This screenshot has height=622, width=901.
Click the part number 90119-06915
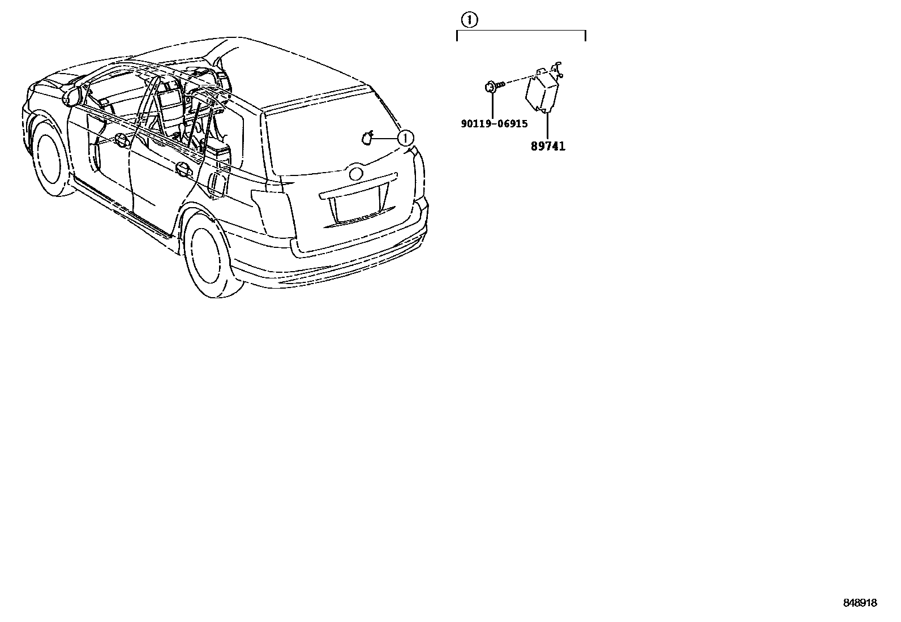click(494, 124)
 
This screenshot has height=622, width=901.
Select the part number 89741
click(548, 146)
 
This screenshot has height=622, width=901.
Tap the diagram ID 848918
click(860, 603)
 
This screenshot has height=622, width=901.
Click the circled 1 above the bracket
click(470, 20)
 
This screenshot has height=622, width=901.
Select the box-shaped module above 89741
click(542, 91)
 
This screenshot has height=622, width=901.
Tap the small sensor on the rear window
click(368, 138)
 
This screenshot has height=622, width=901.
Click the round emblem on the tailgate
click(357, 173)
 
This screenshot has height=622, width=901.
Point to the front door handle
click(120, 138)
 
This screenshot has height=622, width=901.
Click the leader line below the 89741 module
click(547, 125)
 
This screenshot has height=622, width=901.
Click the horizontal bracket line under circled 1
click(521, 31)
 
